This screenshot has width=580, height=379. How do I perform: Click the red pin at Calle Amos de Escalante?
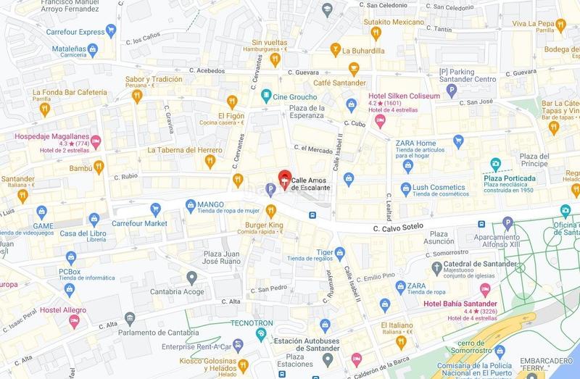[x=286, y=178]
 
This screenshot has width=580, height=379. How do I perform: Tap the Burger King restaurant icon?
[x=271, y=211]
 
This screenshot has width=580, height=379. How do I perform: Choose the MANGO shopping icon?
[x=190, y=205]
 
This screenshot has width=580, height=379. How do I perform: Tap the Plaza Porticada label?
[x=510, y=178]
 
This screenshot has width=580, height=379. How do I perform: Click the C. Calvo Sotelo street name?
[x=397, y=229]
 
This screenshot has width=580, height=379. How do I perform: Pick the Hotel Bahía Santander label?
[x=460, y=302]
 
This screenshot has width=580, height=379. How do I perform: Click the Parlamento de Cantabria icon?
[x=130, y=319]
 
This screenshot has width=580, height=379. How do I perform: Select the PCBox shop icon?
[x=70, y=257]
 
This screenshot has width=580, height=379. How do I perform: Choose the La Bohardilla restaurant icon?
[x=334, y=50]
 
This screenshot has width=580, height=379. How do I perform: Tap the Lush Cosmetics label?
[x=439, y=187]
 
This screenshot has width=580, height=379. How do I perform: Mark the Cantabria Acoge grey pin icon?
[x=191, y=277]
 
